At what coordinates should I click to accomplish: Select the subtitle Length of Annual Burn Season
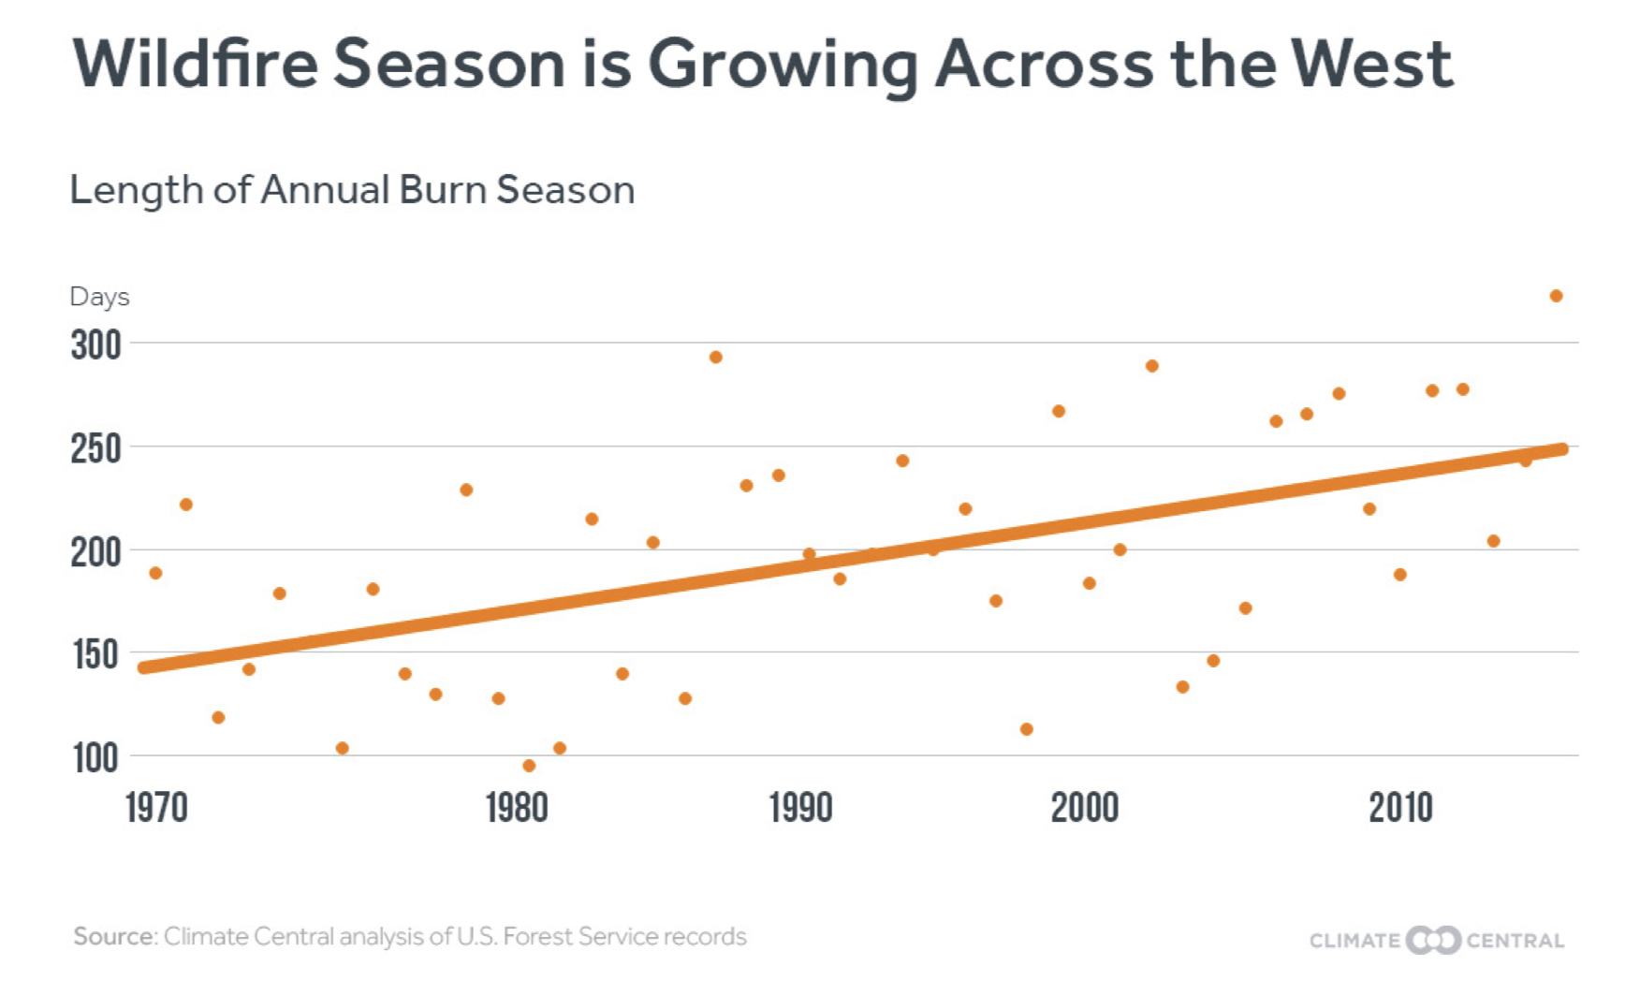(352, 190)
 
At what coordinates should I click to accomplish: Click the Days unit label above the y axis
(99, 297)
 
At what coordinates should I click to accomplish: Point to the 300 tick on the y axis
(95, 345)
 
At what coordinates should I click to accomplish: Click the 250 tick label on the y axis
(95, 448)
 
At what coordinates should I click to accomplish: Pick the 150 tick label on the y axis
(95, 654)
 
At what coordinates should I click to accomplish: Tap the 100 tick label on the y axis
(95, 757)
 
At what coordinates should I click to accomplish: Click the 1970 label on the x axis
(156, 807)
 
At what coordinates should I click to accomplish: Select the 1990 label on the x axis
(800, 807)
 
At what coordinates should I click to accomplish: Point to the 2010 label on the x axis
(1400, 807)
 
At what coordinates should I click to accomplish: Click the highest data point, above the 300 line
(1556, 296)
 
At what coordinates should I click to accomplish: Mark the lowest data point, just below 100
(529, 766)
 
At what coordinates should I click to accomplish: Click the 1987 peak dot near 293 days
(715, 357)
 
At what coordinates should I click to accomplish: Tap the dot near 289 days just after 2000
(1151, 366)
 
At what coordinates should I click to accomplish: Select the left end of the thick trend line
(144, 667)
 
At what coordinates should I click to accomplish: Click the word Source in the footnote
(114, 936)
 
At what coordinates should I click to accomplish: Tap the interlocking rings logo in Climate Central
(1433, 940)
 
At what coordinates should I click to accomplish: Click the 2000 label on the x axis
(1084, 807)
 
